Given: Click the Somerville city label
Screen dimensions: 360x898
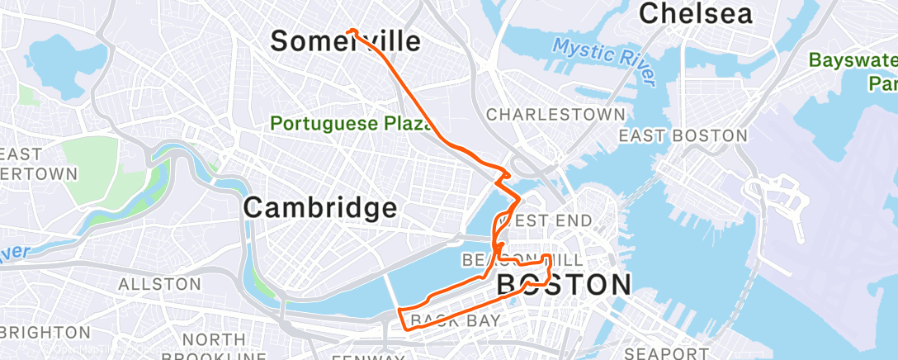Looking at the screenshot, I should coord(345,42).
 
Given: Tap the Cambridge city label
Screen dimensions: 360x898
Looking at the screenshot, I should coord(320,207).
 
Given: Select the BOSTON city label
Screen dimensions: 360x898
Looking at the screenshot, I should coord(564,285).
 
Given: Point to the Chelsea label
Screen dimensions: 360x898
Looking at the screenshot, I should coord(696,14).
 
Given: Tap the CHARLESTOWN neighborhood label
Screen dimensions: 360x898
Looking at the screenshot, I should coord(555,114).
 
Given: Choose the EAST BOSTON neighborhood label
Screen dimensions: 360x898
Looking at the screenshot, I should coord(683,135).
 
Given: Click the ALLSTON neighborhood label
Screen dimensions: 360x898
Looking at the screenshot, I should coord(159,284).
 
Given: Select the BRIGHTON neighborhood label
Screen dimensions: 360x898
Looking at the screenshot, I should coord(45,332).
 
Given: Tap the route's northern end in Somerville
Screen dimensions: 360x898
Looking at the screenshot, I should coord(349,31).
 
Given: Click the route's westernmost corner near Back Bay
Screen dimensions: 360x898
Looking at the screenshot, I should coord(399,310).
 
